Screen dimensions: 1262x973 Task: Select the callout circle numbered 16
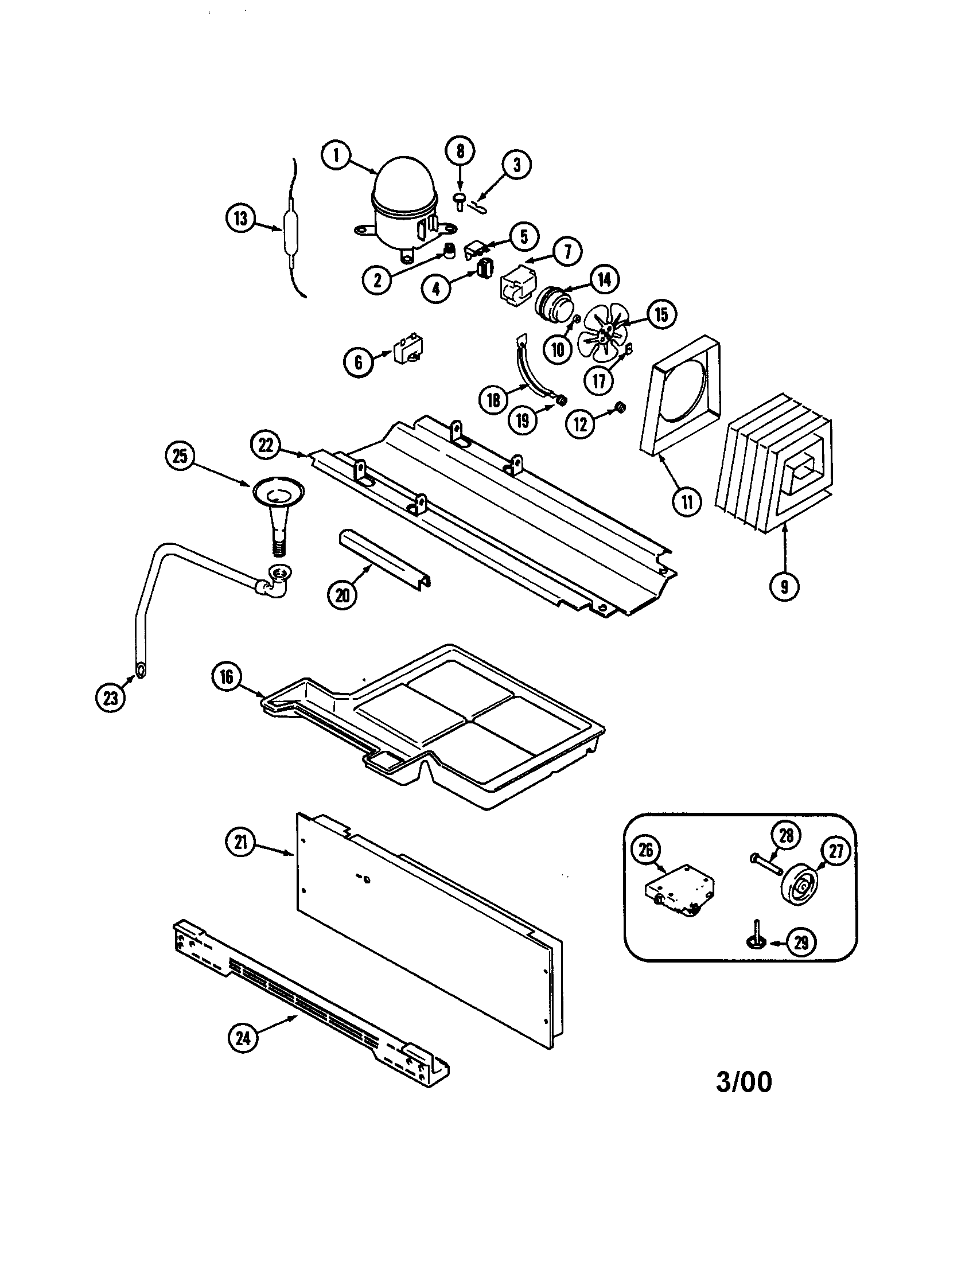tap(226, 677)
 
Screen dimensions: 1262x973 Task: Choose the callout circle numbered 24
tap(243, 1038)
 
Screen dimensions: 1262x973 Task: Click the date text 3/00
tap(744, 1082)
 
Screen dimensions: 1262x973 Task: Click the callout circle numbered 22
tap(266, 446)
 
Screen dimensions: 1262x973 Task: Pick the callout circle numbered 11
tap(686, 501)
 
